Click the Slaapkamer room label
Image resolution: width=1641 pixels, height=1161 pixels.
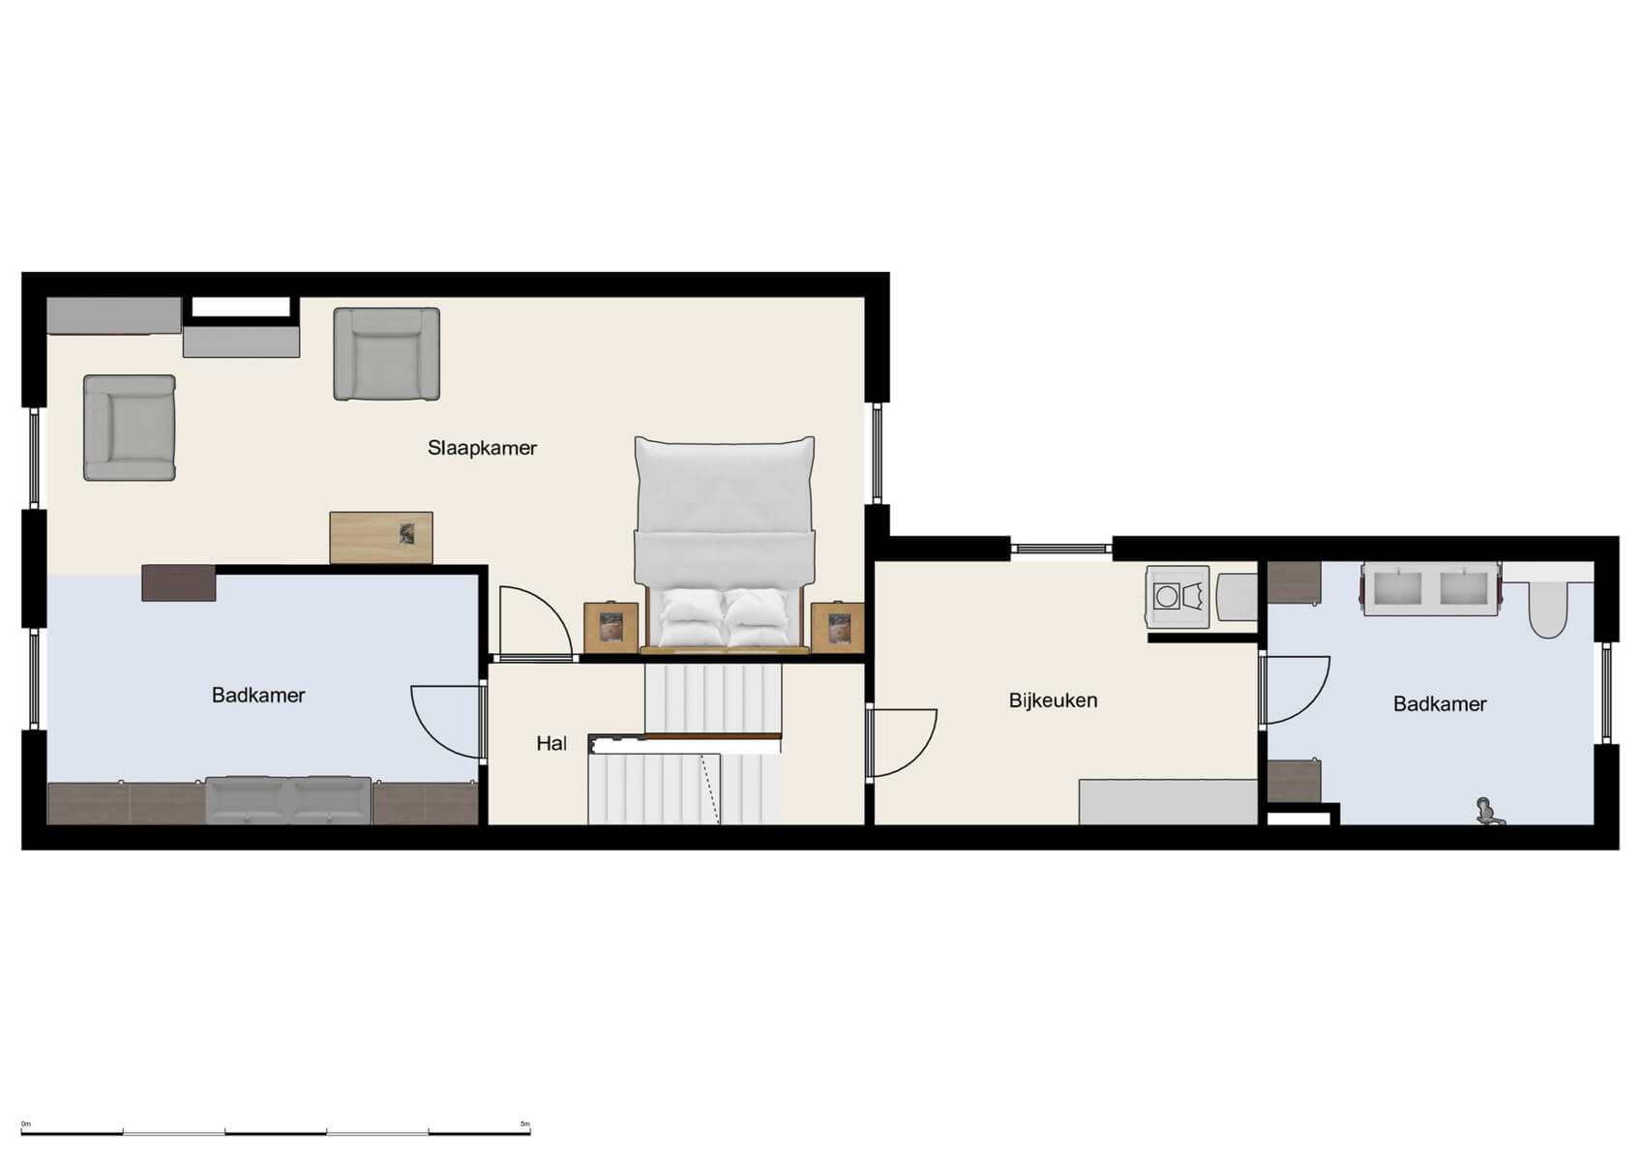point(482,448)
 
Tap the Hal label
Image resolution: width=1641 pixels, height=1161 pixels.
point(552,744)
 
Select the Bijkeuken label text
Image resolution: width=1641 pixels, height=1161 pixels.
point(1053,700)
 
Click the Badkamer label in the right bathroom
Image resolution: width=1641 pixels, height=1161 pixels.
point(1439,704)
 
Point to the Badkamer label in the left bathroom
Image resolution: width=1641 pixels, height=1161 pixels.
point(258,696)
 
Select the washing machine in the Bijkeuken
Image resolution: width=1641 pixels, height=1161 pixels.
point(1177,597)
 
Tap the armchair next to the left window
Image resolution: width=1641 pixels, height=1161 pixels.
point(130,428)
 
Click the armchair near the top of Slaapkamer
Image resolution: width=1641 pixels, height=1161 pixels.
point(387,354)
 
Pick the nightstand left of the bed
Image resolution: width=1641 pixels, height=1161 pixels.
point(611,628)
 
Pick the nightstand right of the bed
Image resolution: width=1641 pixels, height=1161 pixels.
point(837,628)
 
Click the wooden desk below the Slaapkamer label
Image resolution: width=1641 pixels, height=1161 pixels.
point(381,538)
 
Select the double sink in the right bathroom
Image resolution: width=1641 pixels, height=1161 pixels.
point(1431,589)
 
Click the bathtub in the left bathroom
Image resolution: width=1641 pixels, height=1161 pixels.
point(288,799)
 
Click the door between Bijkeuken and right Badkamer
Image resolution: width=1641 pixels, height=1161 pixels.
point(1295,689)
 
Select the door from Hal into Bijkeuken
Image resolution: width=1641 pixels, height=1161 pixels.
point(902,743)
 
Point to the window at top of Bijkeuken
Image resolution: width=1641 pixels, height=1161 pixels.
point(1061,549)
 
